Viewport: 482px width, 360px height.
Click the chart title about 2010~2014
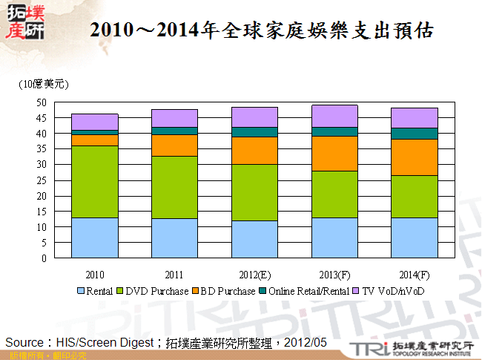coord(260,31)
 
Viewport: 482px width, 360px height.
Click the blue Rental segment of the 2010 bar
coord(94,238)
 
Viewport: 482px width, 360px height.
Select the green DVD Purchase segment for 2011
coord(174,187)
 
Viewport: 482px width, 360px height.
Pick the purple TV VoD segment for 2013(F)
coord(334,116)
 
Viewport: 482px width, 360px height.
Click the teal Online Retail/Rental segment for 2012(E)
coord(254,132)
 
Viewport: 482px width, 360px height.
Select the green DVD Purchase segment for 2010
coord(94,182)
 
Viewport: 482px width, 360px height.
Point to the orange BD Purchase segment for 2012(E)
coord(254,151)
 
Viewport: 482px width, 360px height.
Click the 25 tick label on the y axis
coord(42,180)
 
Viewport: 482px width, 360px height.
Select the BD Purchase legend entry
coord(227,291)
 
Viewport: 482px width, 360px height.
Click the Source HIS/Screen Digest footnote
coord(167,341)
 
